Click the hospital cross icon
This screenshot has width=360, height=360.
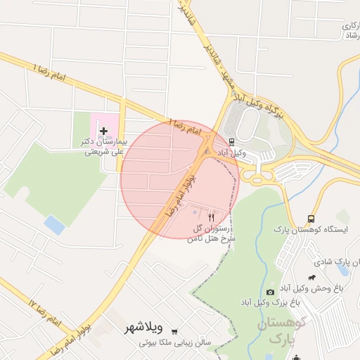(105, 131)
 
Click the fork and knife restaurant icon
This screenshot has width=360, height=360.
(211, 218)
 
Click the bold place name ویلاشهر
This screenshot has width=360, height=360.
(144, 328)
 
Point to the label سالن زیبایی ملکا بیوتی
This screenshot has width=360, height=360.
(176, 342)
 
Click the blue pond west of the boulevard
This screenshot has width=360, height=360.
(54, 225)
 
